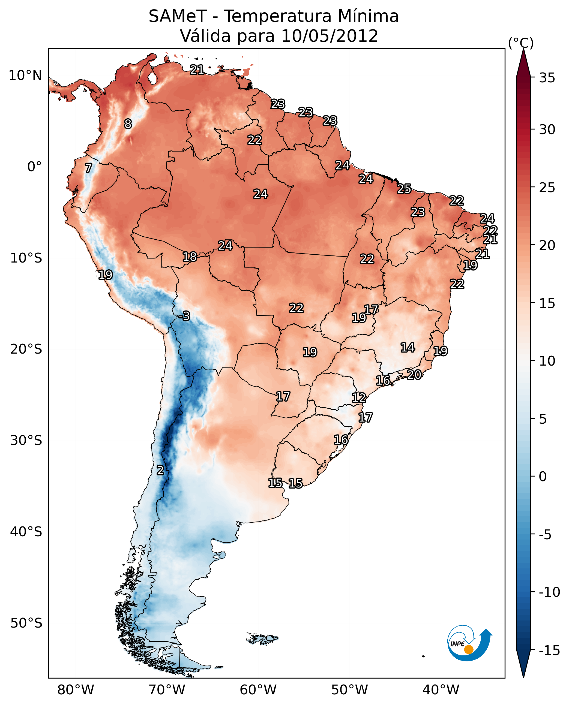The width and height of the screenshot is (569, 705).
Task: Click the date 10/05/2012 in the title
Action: [330, 36]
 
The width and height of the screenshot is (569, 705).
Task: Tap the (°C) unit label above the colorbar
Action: [521, 43]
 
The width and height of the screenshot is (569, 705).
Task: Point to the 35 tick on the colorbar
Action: [547, 78]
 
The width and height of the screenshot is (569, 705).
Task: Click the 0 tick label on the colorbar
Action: [543, 476]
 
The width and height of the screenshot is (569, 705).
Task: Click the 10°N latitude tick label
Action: [25, 76]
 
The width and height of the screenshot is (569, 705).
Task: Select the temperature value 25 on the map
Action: [404, 189]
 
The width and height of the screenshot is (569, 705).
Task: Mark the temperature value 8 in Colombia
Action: [128, 124]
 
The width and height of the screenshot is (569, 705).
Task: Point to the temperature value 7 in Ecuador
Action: [88, 168]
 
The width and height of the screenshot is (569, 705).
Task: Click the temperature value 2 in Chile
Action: [160, 470]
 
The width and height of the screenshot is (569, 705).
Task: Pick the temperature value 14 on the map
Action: [408, 347]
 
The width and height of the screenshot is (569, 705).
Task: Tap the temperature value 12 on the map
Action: [359, 397]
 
